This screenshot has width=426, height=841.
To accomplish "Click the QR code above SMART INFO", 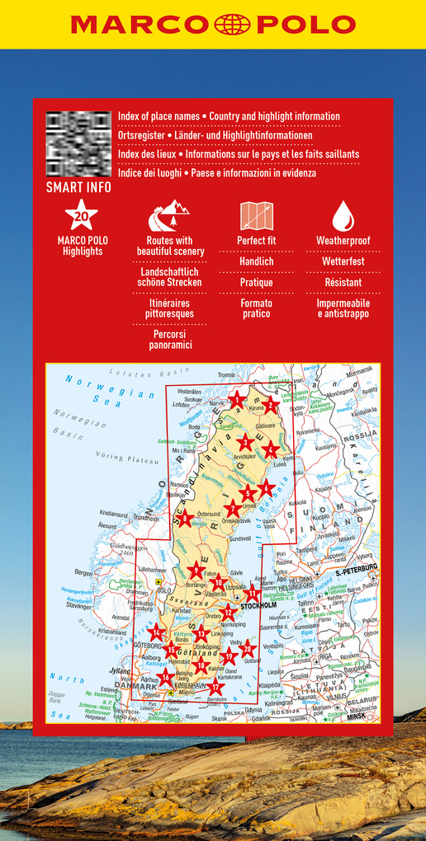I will click(78, 143).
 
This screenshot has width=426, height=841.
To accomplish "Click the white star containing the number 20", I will click(81, 216).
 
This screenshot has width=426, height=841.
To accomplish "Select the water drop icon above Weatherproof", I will click(343, 216).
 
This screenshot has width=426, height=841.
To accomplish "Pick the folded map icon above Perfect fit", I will click(256, 216).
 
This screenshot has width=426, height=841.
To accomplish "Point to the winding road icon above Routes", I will click(169, 216).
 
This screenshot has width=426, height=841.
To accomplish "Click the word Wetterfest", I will click(343, 261).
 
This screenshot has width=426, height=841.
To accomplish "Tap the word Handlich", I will click(256, 261).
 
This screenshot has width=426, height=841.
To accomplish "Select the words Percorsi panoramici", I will click(169, 340).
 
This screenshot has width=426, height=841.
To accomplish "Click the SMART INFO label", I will click(78, 187).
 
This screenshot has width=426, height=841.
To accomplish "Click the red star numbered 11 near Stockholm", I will click(253, 594).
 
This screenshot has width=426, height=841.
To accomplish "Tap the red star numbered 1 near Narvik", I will click(239, 402).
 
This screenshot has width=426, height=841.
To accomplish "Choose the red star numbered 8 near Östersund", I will click(187, 519).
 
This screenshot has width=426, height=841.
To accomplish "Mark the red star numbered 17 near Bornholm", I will click(215, 686).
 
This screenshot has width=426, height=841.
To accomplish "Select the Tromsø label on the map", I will click(227, 375).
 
